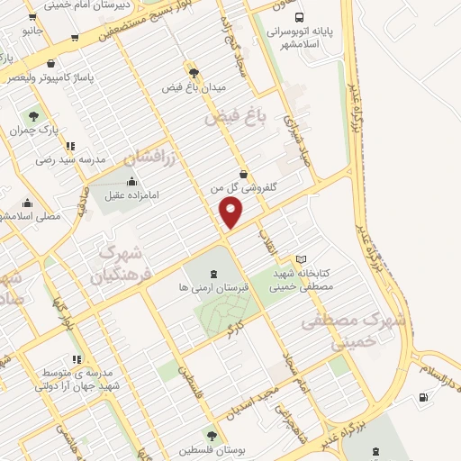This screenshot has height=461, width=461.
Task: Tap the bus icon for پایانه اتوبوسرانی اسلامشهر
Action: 299,16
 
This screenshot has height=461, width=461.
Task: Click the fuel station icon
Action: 423,398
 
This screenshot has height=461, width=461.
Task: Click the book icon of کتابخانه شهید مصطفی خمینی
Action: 301,259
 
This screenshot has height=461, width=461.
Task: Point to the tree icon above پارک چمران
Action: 34,116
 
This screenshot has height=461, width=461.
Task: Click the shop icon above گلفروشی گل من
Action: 243,175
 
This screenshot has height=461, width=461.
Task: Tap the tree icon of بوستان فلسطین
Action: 212,437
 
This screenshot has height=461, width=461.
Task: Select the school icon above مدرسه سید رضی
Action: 70,146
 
